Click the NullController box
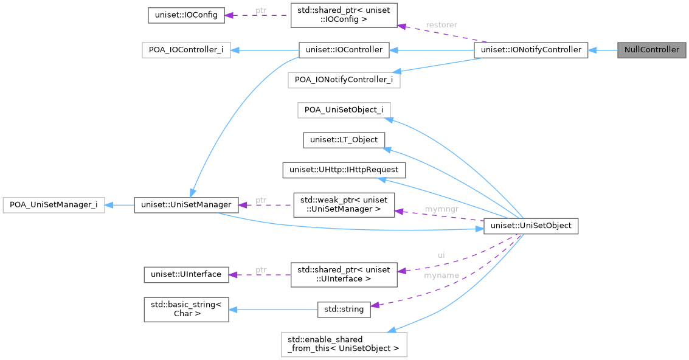pos(651,50)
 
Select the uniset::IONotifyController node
pos(531,50)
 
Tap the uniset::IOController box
pos(344,50)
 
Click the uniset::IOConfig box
pos(186,15)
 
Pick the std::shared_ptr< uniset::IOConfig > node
pos(344,15)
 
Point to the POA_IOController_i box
pos(186,50)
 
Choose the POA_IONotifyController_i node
pos(344,79)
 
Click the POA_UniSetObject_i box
pos(344,110)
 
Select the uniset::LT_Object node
pos(344,140)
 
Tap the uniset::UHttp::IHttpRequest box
pos(344,170)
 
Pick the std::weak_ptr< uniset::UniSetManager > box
pos(344,204)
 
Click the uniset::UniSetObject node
pos(531,226)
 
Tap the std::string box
pos(344,309)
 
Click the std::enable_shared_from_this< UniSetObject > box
pos(344,344)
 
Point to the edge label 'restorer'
pos(441,25)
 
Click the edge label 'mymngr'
pos(441,209)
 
